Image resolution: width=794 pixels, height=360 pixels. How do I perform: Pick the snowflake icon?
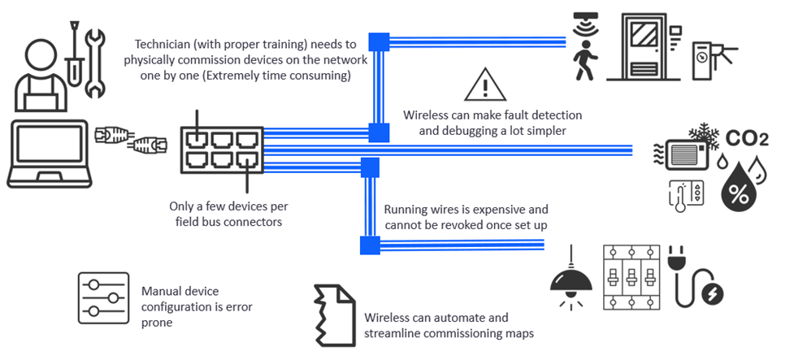(700, 137)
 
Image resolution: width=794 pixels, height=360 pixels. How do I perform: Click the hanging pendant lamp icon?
(571, 276)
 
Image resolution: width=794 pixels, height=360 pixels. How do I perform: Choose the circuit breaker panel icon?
(631, 277)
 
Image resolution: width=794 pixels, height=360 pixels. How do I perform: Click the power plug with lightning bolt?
(697, 276)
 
